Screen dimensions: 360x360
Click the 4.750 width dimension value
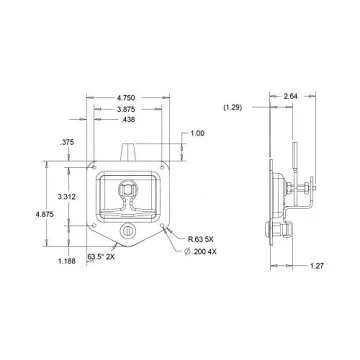[126, 98]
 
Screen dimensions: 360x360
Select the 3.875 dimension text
[126, 109]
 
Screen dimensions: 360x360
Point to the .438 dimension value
[128, 120]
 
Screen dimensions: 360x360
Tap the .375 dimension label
[67, 142]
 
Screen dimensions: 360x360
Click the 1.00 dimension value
[197, 133]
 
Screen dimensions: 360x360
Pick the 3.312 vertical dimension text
[66, 197]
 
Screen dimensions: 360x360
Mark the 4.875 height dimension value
[45, 215]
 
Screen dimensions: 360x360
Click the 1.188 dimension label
[67, 261]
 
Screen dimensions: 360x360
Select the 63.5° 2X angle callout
[101, 257]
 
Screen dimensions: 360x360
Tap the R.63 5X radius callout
[202, 239]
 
